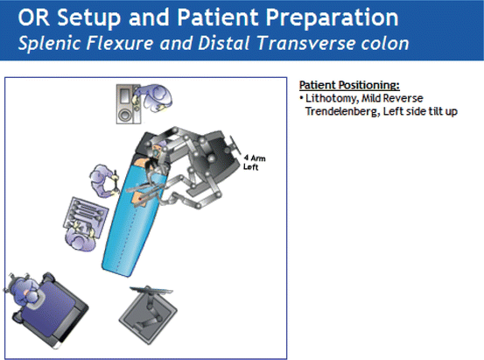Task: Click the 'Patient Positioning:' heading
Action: tap(349, 86)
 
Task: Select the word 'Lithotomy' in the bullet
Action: tap(329, 98)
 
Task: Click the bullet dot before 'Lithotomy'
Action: tap(301, 98)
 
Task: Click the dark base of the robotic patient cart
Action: tap(214, 158)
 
